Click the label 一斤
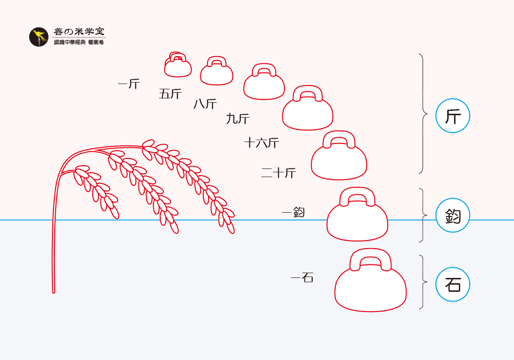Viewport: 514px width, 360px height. (x=128, y=84)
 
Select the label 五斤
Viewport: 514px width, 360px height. (x=171, y=94)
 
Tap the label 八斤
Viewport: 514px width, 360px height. (x=205, y=104)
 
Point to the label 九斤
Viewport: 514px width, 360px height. (x=238, y=119)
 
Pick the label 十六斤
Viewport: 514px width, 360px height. (x=261, y=143)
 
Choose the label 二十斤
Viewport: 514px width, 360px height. (x=279, y=173)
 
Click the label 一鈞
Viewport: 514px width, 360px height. (x=293, y=212)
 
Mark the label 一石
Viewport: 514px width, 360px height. (x=302, y=277)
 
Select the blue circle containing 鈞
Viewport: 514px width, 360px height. (x=453, y=216)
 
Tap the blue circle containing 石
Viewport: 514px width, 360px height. (x=453, y=285)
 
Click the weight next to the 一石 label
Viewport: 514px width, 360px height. (x=370, y=288)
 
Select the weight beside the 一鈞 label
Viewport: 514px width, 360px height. (x=357, y=221)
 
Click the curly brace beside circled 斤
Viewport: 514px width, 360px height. (x=423, y=114)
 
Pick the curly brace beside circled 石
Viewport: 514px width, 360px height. (x=423, y=281)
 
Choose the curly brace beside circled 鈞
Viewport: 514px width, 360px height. (x=423, y=215)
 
